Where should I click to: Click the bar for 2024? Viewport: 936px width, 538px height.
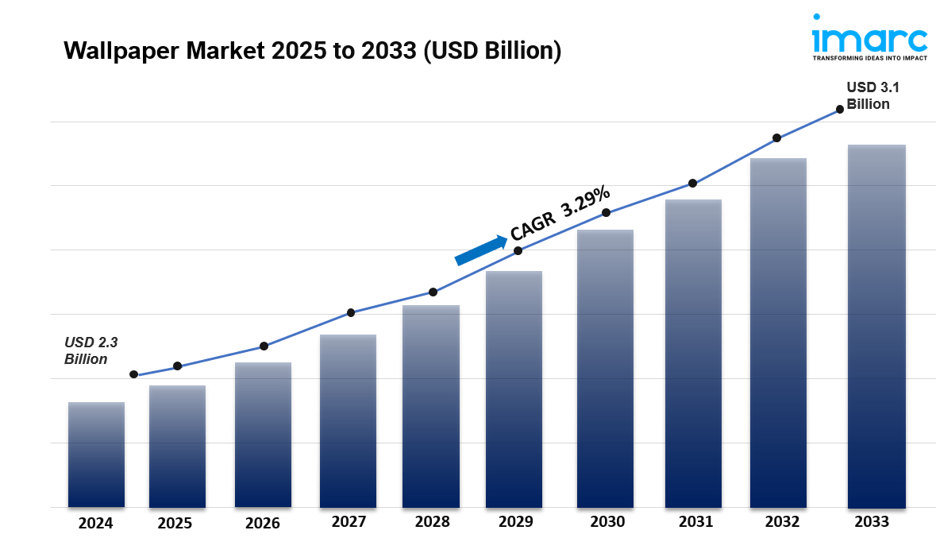[x=96, y=455]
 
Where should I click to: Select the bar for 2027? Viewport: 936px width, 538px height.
[x=348, y=421]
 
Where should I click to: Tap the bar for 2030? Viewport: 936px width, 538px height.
[x=605, y=369]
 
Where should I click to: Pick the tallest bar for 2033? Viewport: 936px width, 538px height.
[x=876, y=326]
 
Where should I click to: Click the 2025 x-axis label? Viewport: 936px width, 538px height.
[x=175, y=523]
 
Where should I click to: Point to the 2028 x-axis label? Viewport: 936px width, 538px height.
[x=432, y=522]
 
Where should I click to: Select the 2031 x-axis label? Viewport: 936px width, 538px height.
[x=695, y=522]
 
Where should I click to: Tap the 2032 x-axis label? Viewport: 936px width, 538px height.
[x=782, y=522]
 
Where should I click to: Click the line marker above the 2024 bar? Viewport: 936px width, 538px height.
[x=133, y=374]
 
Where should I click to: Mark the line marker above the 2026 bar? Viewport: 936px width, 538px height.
[x=264, y=346]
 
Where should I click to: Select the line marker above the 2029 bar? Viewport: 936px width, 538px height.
[x=518, y=251]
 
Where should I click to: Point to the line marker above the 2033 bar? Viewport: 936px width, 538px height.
[x=840, y=110]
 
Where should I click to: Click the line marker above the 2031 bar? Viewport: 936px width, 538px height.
[x=692, y=184]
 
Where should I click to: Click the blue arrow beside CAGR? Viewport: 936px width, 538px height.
[x=481, y=250]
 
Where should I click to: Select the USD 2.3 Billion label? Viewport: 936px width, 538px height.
[x=91, y=350]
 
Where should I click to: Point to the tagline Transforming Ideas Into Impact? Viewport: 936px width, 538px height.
[x=869, y=58]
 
